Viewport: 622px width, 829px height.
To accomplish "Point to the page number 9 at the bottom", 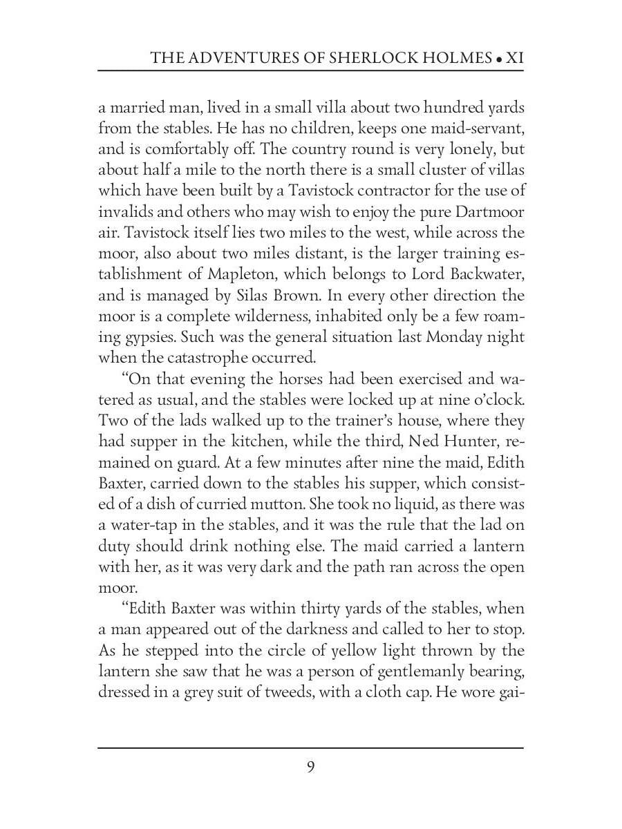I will (310, 767).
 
